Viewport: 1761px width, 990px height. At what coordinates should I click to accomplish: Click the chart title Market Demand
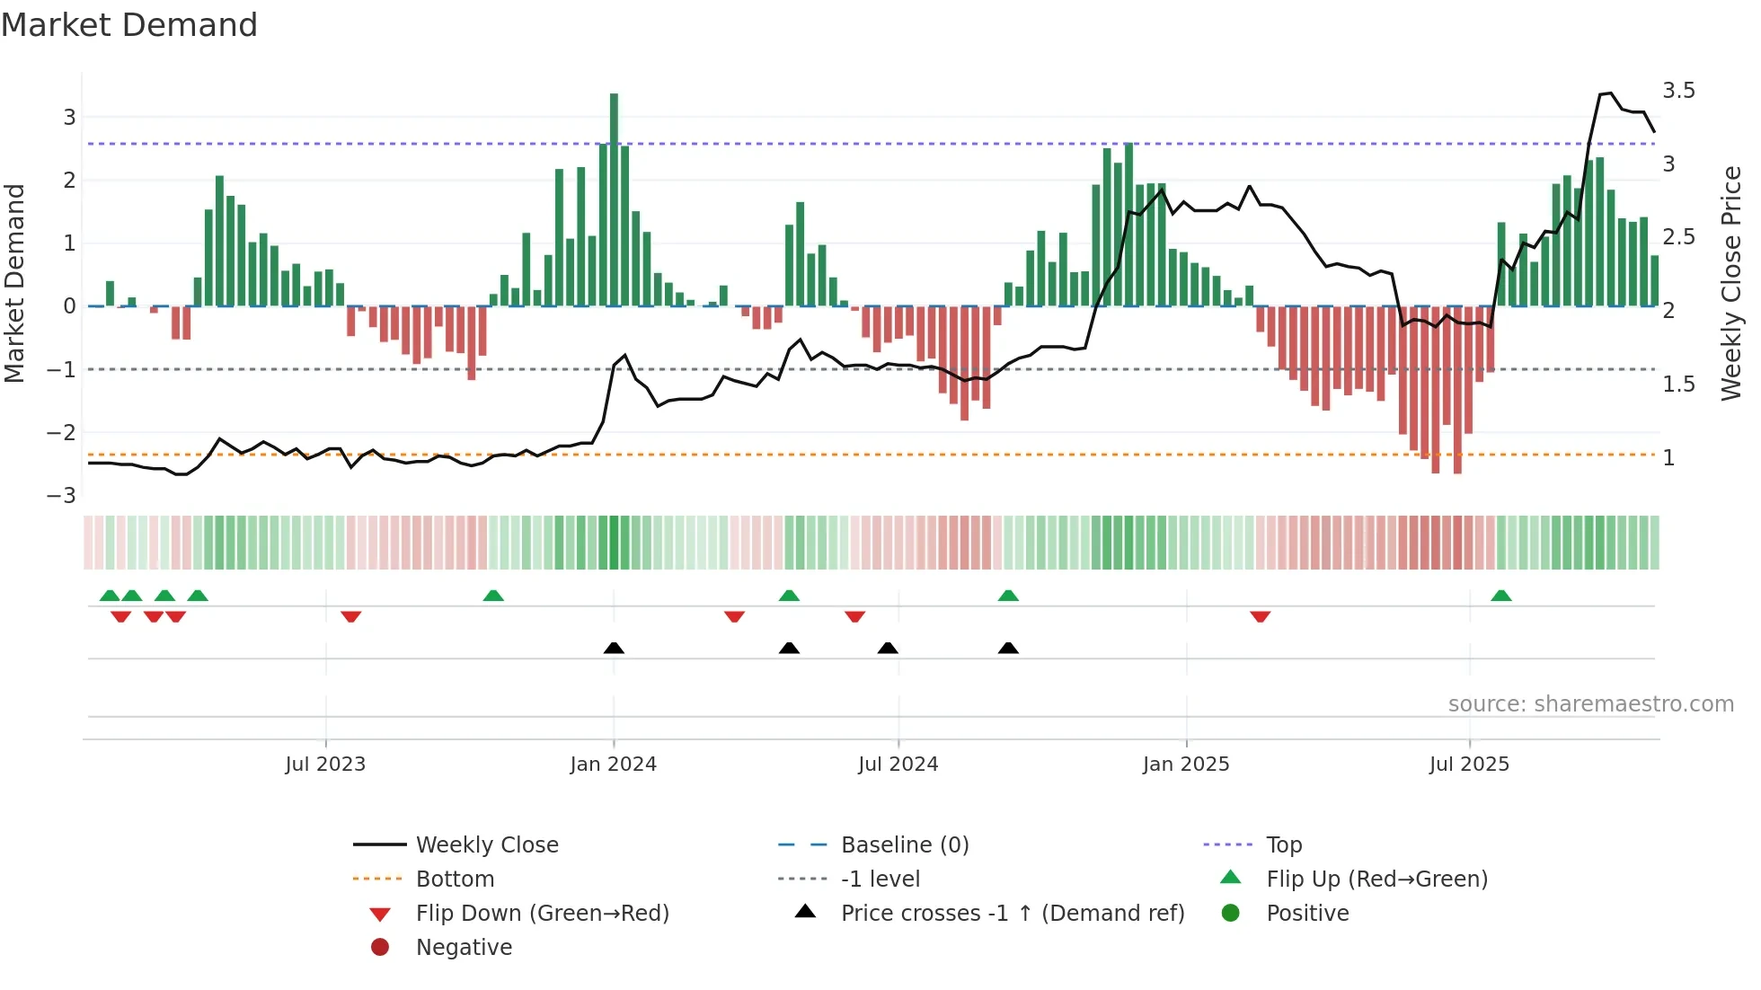(x=129, y=25)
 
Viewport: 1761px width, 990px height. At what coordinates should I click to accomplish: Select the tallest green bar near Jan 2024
(x=614, y=198)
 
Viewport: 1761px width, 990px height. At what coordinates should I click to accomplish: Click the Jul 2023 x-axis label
(x=325, y=765)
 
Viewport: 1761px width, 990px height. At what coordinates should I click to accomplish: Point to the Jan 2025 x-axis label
(x=1186, y=765)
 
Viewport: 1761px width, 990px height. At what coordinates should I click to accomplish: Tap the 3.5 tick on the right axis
(x=1678, y=91)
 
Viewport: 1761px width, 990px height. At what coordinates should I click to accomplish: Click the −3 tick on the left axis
(x=61, y=496)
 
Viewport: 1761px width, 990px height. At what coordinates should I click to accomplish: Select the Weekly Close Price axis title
(x=1730, y=283)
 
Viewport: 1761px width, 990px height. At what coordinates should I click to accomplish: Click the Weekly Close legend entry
(x=486, y=845)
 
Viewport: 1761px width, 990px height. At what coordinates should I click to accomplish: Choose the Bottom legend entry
(x=455, y=880)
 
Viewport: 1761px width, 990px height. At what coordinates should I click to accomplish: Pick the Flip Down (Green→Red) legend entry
(x=542, y=914)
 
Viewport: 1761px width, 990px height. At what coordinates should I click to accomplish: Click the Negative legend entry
(x=464, y=948)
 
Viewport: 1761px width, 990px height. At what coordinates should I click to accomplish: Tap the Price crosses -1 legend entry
(x=1012, y=914)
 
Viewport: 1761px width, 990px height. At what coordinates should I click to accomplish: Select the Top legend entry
(x=1284, y=845)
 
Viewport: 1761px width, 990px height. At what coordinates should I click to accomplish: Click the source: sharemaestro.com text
(x=1590, y=704)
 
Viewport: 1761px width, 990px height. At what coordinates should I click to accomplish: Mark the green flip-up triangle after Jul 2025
(x=1501, y=596)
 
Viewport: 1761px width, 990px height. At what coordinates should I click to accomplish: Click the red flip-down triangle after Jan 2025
(x=1260, y=616)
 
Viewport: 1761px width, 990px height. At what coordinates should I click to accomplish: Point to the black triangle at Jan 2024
(x=614, y=648)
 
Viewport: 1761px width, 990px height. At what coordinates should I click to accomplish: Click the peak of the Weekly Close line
(x=1611, y=93)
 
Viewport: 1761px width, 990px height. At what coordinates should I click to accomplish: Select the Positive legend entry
(x=1307, y=914)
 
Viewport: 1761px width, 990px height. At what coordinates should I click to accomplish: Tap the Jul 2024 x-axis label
(x=898, y=765)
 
